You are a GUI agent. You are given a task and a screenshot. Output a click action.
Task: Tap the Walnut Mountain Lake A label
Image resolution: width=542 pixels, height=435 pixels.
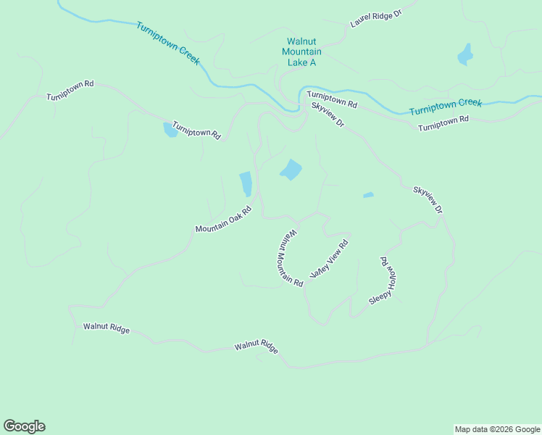tap(301, 52)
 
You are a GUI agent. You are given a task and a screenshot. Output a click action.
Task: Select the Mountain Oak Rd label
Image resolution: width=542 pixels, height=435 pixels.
tap(223, 220)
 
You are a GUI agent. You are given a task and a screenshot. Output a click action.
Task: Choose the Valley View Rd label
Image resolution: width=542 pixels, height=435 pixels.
tap(330, 259)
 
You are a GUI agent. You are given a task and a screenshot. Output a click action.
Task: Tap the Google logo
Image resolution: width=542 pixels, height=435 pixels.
tap(24, 426)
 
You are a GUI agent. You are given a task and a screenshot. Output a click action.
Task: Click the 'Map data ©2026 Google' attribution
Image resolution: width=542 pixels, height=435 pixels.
tap(497, 429)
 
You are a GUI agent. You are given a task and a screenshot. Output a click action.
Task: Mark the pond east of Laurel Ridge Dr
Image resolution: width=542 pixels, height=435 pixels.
tap(465, 54)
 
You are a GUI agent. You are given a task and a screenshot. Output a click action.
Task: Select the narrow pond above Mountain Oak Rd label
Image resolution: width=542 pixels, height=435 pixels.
tap(246, 183)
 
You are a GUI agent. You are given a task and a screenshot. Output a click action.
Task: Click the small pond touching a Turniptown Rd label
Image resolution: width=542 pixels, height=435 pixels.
tap(170, 130)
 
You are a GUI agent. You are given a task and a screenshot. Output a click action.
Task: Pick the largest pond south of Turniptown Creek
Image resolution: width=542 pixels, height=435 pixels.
tap(291, 170)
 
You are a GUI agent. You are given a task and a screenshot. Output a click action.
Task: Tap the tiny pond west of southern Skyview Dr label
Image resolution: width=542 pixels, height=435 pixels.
tap(368, 194)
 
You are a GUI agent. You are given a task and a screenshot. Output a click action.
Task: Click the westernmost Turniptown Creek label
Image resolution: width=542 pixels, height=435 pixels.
tap(167, 43)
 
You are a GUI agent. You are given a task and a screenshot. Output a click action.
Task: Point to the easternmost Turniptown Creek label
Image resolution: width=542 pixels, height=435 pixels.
tap(445, 107)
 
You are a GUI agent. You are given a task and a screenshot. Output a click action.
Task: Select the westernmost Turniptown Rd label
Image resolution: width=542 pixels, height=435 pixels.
tap(70, 90)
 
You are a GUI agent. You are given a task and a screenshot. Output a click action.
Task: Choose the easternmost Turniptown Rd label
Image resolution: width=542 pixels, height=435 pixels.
tap(443, 123)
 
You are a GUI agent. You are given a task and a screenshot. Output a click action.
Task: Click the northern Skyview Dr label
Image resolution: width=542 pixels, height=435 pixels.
tap(328, 115)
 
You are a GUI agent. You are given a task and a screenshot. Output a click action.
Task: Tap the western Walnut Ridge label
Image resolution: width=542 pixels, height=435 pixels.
tap(107, 328)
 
